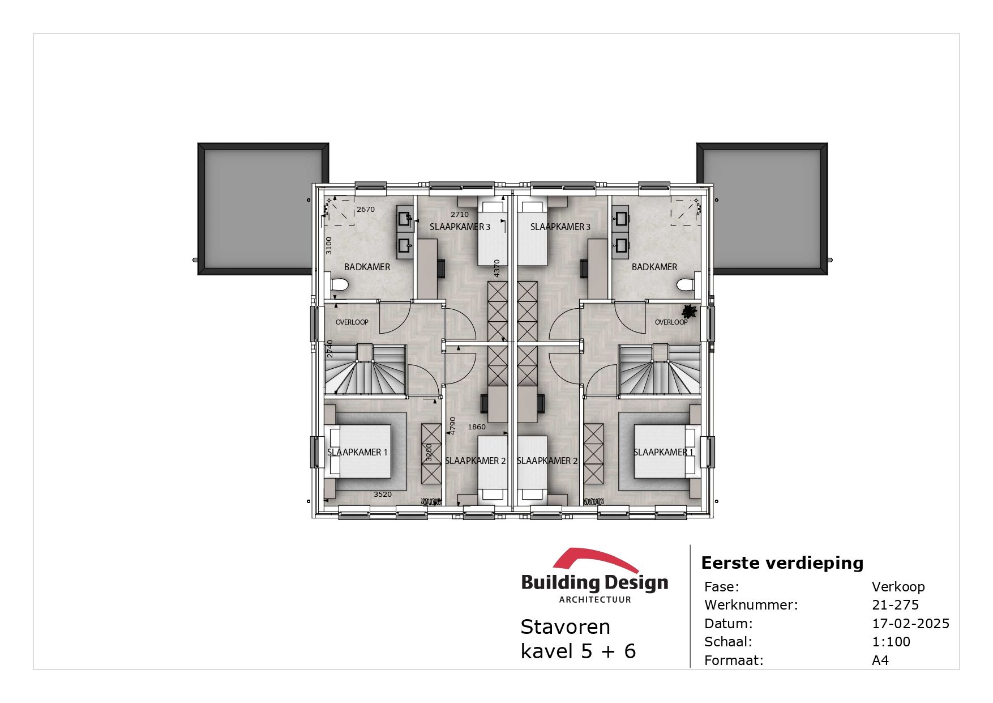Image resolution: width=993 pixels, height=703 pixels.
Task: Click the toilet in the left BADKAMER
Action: coord(340,285)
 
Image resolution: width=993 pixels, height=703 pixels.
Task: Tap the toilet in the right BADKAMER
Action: coord(687,285)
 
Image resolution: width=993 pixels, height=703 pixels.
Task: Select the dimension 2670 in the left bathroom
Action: coord(366,210)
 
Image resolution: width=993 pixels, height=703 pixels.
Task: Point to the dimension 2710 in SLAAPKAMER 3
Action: coord(460,215)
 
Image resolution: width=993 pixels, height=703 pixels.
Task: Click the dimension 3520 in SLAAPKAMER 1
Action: coord(383,495)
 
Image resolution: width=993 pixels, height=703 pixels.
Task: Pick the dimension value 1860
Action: coord(477,427)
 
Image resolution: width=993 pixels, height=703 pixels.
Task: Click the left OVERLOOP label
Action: coord(352,322)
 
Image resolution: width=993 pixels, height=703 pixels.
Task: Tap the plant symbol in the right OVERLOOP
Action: coord(689,312)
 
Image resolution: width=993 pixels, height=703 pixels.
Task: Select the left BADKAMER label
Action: coord(367,267)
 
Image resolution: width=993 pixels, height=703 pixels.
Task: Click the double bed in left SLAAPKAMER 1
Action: coord(359,451)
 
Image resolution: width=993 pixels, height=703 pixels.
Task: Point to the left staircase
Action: coord(365,371)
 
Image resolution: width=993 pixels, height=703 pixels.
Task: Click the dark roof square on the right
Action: coord(761,208)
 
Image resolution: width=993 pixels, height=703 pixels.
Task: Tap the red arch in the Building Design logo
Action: coord(594,559)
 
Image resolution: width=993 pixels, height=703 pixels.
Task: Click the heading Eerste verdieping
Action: coord(782,563)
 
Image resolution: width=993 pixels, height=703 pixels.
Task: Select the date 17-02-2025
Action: coord(910,624)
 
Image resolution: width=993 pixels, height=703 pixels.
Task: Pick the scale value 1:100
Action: coord(891,642)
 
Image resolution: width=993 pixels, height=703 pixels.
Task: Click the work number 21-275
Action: coord(895,605)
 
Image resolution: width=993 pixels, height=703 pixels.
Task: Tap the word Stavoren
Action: coord(565,627)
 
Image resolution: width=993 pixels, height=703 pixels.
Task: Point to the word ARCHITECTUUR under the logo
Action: coord(594,600)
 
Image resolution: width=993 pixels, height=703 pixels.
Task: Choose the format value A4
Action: coord(880,661)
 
